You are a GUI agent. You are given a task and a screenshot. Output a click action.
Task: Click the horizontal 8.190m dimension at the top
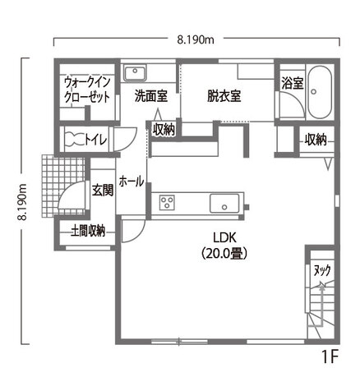[x=196, y=39]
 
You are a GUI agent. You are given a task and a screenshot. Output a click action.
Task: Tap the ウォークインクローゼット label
[x=89, y=89]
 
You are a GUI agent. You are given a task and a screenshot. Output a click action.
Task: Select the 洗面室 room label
[x=151, y=95]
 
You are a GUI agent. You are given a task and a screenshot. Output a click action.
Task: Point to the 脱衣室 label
[x=224, y=95]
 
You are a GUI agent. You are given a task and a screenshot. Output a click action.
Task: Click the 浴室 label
[x=292, y=83]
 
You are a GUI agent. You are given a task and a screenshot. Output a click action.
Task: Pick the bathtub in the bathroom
[x=320, y=93]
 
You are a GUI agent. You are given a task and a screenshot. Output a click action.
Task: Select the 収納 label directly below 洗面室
[x=164, y=129]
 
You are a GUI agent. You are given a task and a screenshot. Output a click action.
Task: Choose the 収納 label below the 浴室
[x=316, y=139]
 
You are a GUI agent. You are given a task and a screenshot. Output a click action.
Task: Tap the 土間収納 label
[x=87, y=231]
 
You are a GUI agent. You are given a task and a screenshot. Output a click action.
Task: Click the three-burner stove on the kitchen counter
[x=167, y=202]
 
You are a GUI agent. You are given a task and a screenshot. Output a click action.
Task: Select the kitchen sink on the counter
[x=224, y=203]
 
